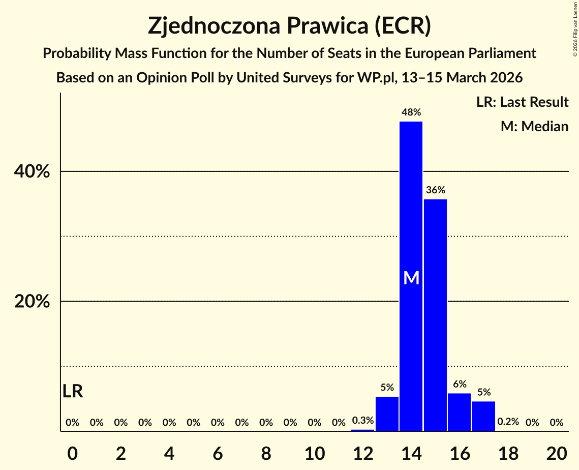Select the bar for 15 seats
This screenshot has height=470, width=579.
tap(435, 315)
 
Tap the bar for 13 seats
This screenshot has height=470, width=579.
tap(387, 414)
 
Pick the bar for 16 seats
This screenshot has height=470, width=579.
tap(459, 413)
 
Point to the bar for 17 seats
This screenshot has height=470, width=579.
tap(483, 417)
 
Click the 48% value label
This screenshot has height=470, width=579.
tap(411, 112)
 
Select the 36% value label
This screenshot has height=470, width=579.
tap(435, 190)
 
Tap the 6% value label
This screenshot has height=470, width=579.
tap(459, 385)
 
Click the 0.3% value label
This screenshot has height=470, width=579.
tap(363, 421)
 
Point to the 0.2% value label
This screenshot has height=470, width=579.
tap(508, 422)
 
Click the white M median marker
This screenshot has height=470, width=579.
tap(411, 278)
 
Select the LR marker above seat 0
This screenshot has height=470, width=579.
tap(73, 391)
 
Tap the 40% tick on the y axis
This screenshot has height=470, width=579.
tap(32, 172)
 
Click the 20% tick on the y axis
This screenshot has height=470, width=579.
tap(32, 302)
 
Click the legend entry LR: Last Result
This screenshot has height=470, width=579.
tap(522, 102)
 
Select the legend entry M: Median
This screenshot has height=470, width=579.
tap(534, 126)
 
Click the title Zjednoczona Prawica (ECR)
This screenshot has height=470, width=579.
tap(289, 26)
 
